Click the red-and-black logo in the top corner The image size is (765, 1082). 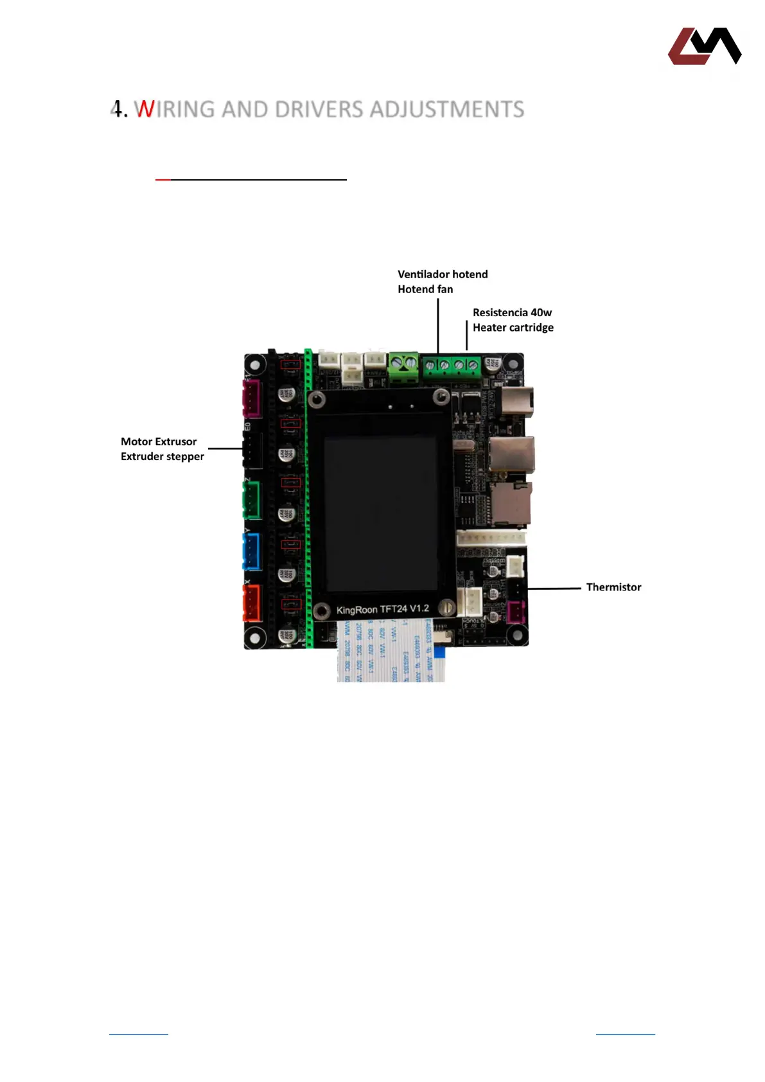pos(705,46)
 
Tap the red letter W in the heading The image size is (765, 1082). pos(145,110)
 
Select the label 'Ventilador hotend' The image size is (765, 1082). pos(443,274)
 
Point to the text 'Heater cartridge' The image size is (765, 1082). pos(513,328)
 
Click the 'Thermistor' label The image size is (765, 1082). pos(613,587)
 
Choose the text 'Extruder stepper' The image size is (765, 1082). pos(162,457)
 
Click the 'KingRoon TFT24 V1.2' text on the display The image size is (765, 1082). pos(382,609)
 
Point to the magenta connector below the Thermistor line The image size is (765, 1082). pos(515,612)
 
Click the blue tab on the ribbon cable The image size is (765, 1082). pos(439,652)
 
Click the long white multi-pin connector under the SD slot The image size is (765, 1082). pos(491,538)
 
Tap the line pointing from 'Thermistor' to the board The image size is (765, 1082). pos(554,588)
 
